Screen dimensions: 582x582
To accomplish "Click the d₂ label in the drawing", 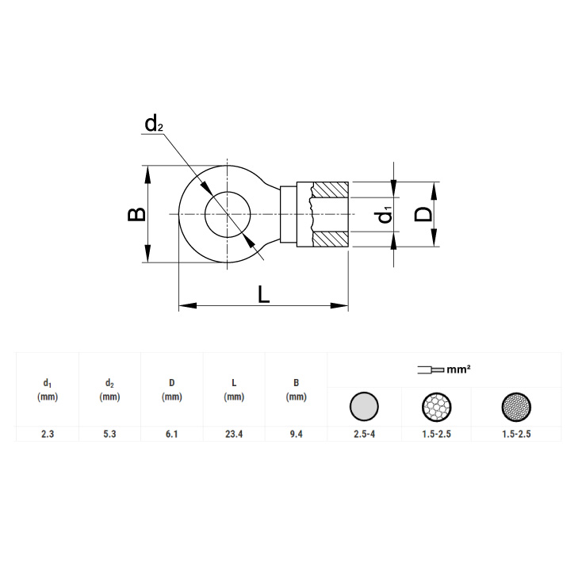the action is (x=154, y=123).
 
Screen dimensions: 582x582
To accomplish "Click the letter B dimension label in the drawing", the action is (x=136, y=214).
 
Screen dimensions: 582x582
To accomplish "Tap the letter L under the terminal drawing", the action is (x=263, y=294).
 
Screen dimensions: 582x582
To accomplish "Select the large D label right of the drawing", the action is (x=423, y=214).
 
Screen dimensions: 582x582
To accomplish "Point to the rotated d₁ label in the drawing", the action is (x=385, y=215).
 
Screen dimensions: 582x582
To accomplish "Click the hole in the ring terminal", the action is (x=228, y=215).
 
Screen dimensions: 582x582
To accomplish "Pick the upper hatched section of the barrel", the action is (x=330, y=190).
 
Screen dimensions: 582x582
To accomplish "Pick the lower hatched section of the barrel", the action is (x=330, y=239).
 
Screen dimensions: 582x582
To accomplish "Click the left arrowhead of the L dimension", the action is (x=188, y=306).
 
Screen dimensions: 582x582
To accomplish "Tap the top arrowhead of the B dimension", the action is (x=147, y=174).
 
